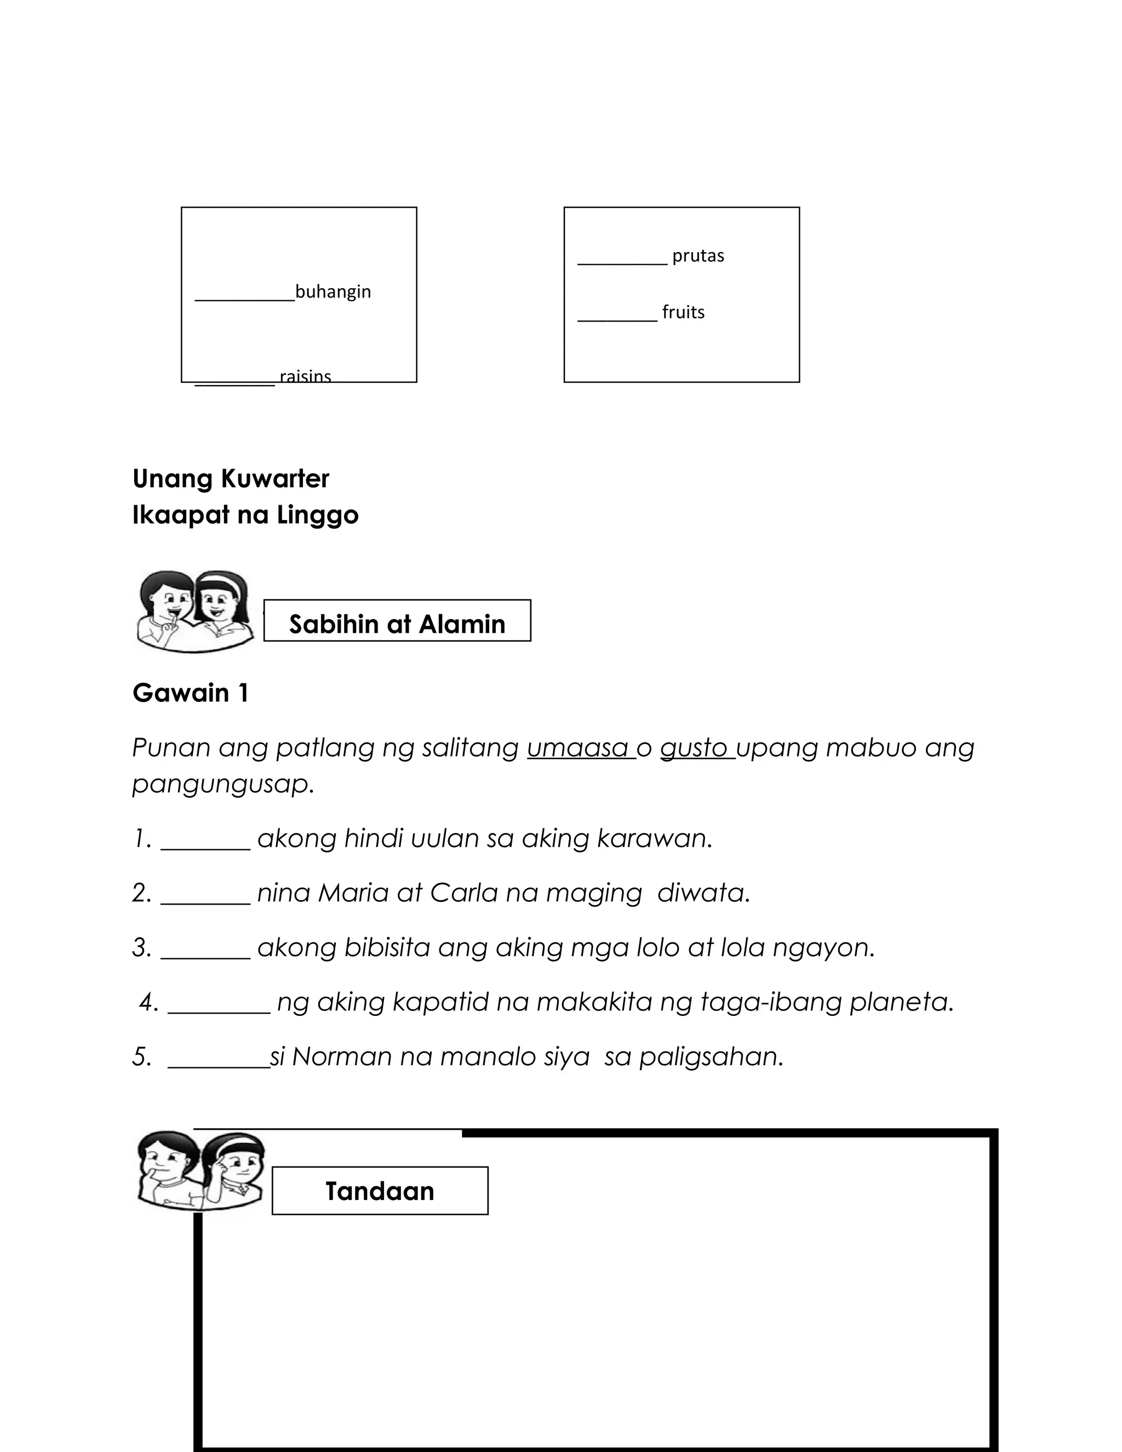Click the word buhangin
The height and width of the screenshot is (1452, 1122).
[333, 291]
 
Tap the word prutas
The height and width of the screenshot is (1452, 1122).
[697, 255]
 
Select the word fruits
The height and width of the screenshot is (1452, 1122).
[683, 312]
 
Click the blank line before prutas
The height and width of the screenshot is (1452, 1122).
[622, 262]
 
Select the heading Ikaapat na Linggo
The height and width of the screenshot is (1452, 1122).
[245, 515]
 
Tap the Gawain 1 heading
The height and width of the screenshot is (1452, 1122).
[191, 693]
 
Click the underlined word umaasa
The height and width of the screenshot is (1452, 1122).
[579, 748]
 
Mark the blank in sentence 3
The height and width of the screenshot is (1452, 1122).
[205, 956]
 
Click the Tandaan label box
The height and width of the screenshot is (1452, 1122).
[380, 1191]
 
